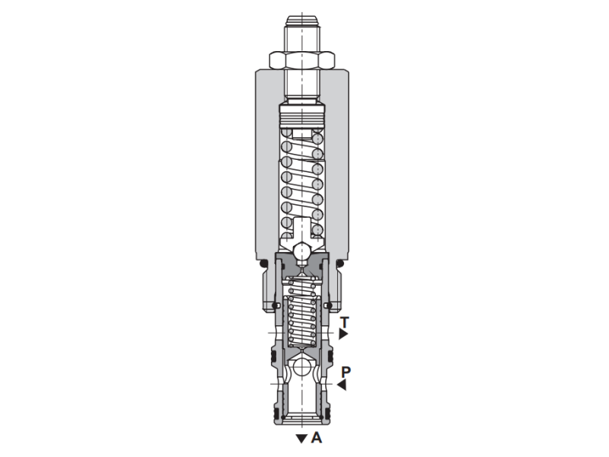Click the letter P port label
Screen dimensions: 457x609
click(x=346, y=372)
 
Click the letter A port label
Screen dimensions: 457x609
click(x=316, y=438)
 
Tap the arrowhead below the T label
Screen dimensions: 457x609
click(x=344, y=334)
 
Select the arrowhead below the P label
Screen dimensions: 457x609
click(x=342, y=385)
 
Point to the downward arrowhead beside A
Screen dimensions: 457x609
click(x=301, y=439)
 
